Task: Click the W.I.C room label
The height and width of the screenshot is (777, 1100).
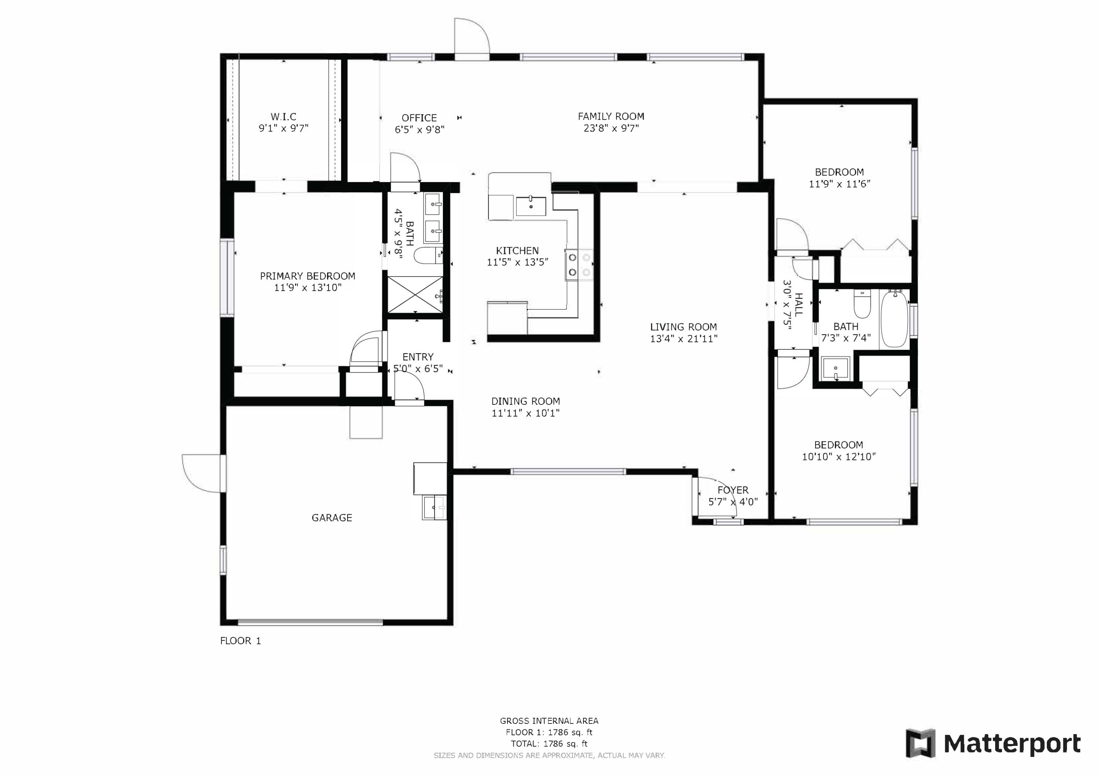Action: tap(284, 117)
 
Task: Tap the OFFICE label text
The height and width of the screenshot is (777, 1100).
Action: tap(419, 118)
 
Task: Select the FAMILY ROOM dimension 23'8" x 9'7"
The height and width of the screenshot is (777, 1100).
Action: tap(611, 128)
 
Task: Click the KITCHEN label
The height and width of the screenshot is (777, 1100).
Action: tap(517, 250)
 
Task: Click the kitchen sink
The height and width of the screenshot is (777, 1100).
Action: tap(531, 206)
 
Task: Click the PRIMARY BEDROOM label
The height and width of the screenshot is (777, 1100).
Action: tap(308, 276)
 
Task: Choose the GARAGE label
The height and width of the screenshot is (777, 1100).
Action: tap(332, 518)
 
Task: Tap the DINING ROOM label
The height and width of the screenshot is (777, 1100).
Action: tap(525, 401)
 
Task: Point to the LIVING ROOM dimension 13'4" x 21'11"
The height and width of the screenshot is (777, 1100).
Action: tap(684, 339)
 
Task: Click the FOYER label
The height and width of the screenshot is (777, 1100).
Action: tap(733, 490)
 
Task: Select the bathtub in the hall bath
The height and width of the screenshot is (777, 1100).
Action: tap(894, 318)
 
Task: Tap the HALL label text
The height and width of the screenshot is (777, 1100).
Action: tap(799, 304)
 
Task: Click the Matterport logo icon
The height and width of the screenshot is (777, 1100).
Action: tap(920, 744)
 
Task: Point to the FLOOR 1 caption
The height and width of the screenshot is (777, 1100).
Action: tap(241, 641)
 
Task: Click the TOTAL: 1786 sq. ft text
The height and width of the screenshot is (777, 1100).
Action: tap(549, 744)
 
